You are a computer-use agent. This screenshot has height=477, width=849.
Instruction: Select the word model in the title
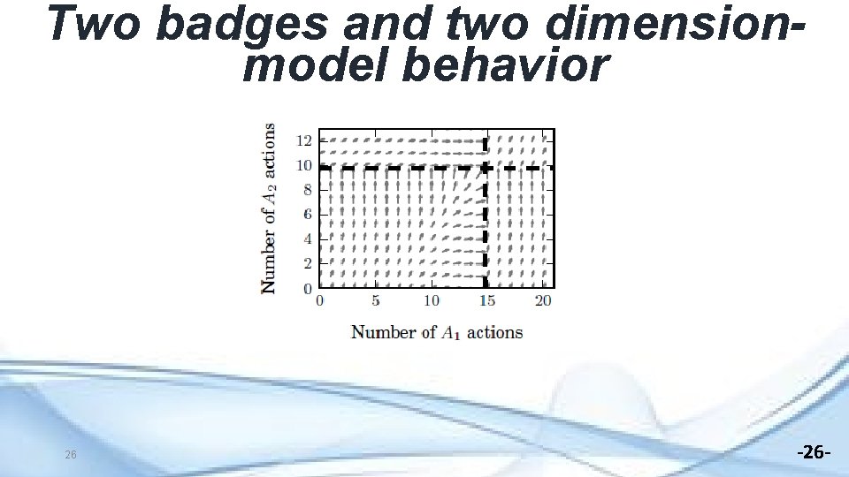coord(315,65)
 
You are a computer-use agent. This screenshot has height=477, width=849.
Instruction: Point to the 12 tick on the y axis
coord(303,140)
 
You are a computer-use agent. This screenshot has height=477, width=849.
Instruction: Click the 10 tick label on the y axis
coord(303,165)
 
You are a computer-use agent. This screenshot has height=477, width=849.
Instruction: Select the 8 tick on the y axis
coord(308,190)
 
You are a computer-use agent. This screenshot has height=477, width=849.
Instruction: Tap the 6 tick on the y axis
coord(308,215)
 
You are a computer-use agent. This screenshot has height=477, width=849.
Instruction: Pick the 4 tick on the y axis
coord(308,239)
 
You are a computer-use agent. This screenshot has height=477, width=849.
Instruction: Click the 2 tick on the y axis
coord(308,264)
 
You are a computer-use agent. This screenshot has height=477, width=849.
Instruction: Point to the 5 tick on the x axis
coord(376,301)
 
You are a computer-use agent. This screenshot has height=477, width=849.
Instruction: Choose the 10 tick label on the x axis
coord(431,301)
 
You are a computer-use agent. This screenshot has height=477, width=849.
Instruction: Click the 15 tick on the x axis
coord(486,301)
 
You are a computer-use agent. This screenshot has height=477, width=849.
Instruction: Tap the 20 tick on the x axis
coord(543,301)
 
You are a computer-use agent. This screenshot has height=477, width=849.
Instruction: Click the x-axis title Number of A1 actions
coord(437,332)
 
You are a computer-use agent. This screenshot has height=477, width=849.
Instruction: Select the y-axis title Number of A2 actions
coord(268,208)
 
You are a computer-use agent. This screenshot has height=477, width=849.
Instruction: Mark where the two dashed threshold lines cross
coord(486,166)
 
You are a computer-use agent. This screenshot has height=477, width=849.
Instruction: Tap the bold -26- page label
coord(814,453)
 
